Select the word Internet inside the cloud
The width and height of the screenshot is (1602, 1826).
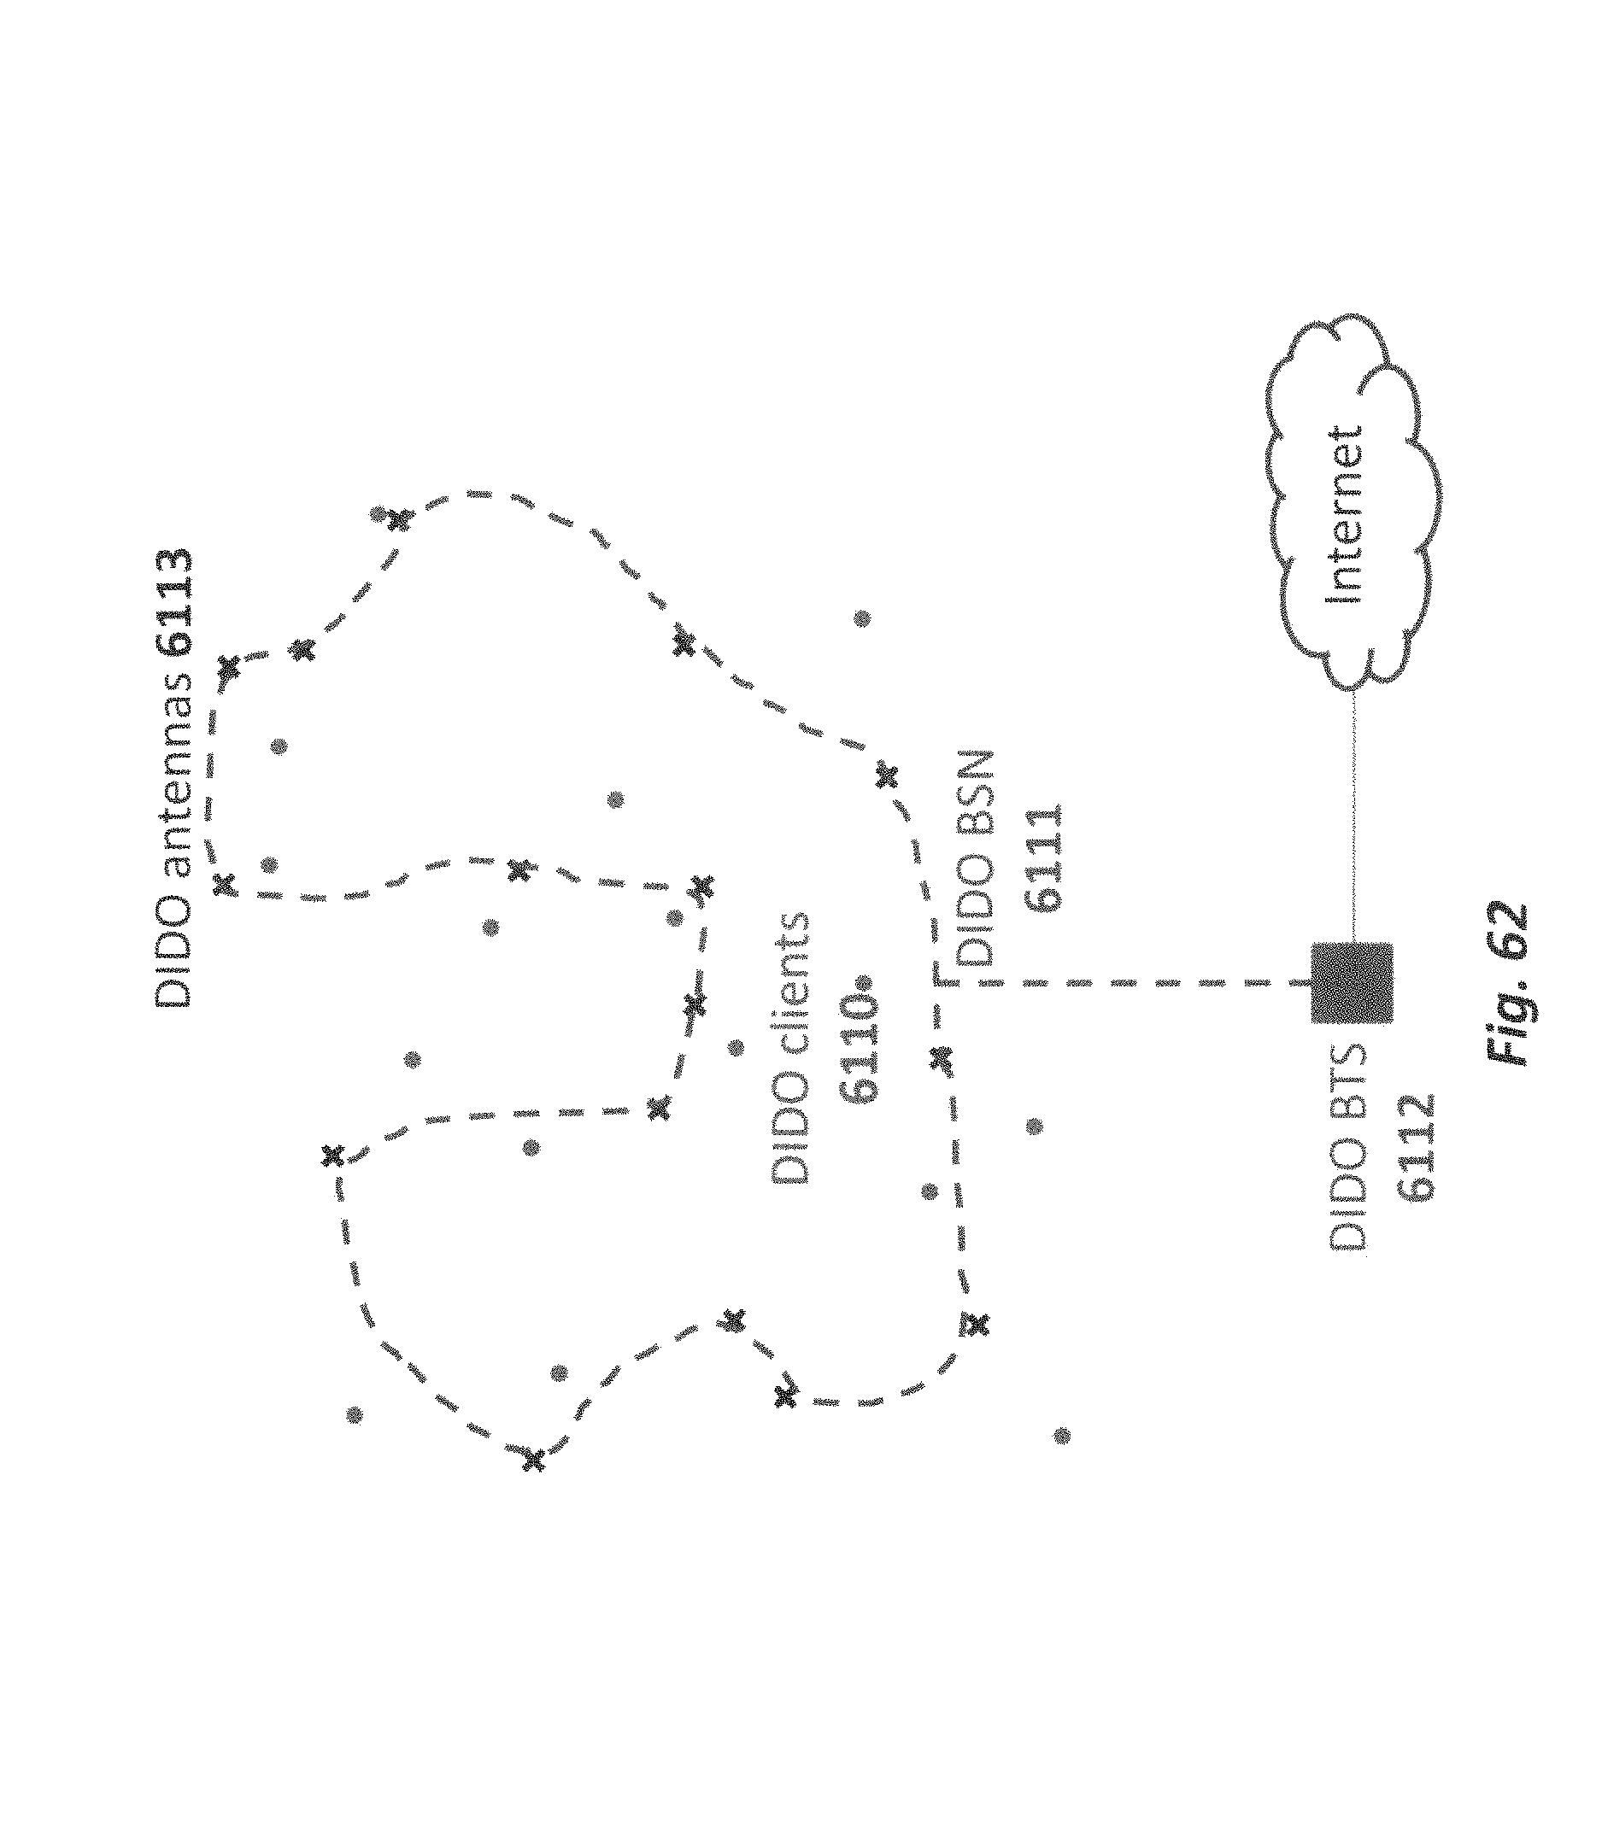pos(1347,512)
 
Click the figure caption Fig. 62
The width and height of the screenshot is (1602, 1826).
pos(1509,984)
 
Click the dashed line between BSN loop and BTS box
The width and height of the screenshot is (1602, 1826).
pos(1117,983)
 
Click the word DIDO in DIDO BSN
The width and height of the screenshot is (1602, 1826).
pos(975,919)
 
